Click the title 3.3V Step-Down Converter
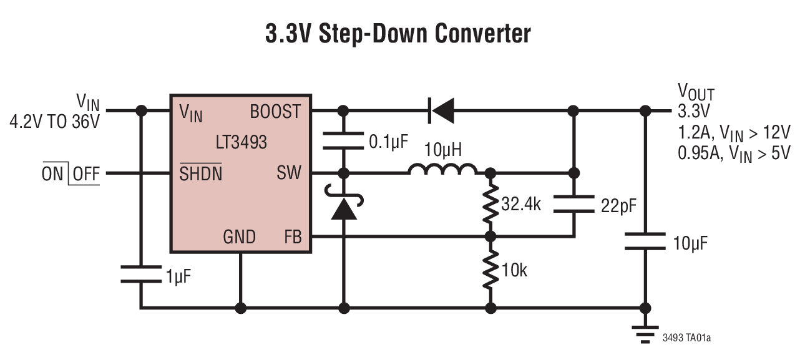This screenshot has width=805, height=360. (398, 34)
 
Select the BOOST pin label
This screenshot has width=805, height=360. (275, 112)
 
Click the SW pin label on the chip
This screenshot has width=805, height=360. (288, 173)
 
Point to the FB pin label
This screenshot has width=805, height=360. (292, 237)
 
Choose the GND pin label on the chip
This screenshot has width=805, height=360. (240, 237)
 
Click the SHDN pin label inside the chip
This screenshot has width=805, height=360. (200, 173)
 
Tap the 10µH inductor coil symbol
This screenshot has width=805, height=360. (443, 169)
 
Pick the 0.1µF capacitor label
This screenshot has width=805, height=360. (388, 142)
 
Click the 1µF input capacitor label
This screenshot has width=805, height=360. (178, 275)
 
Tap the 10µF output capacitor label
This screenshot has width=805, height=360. (690, 243)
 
